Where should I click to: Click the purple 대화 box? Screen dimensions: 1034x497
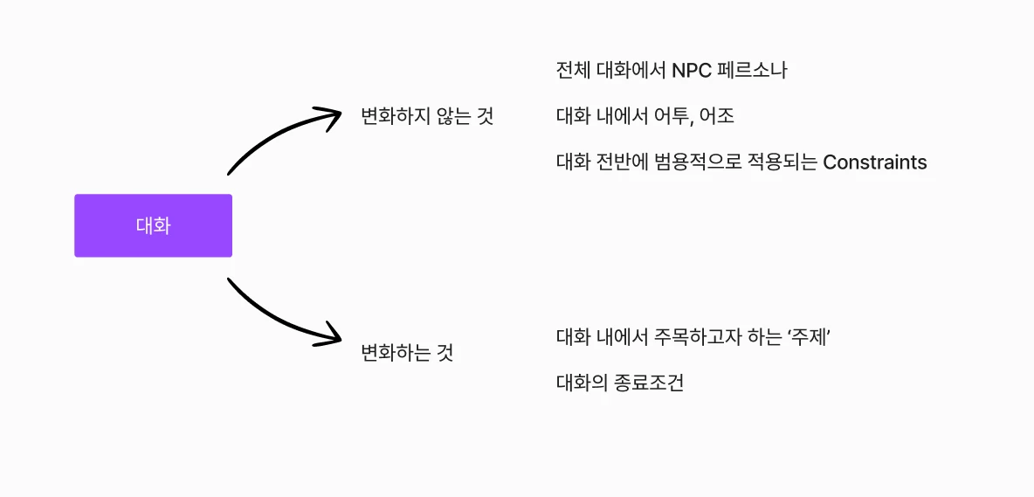(x=153, y=225)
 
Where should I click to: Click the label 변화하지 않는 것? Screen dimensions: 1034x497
(x=427, y=117)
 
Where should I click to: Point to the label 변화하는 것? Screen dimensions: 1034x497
(x=407, y=353)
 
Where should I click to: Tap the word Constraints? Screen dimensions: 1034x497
(x=874, y=162)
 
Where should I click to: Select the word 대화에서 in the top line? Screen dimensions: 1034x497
(x=631, y=71)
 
